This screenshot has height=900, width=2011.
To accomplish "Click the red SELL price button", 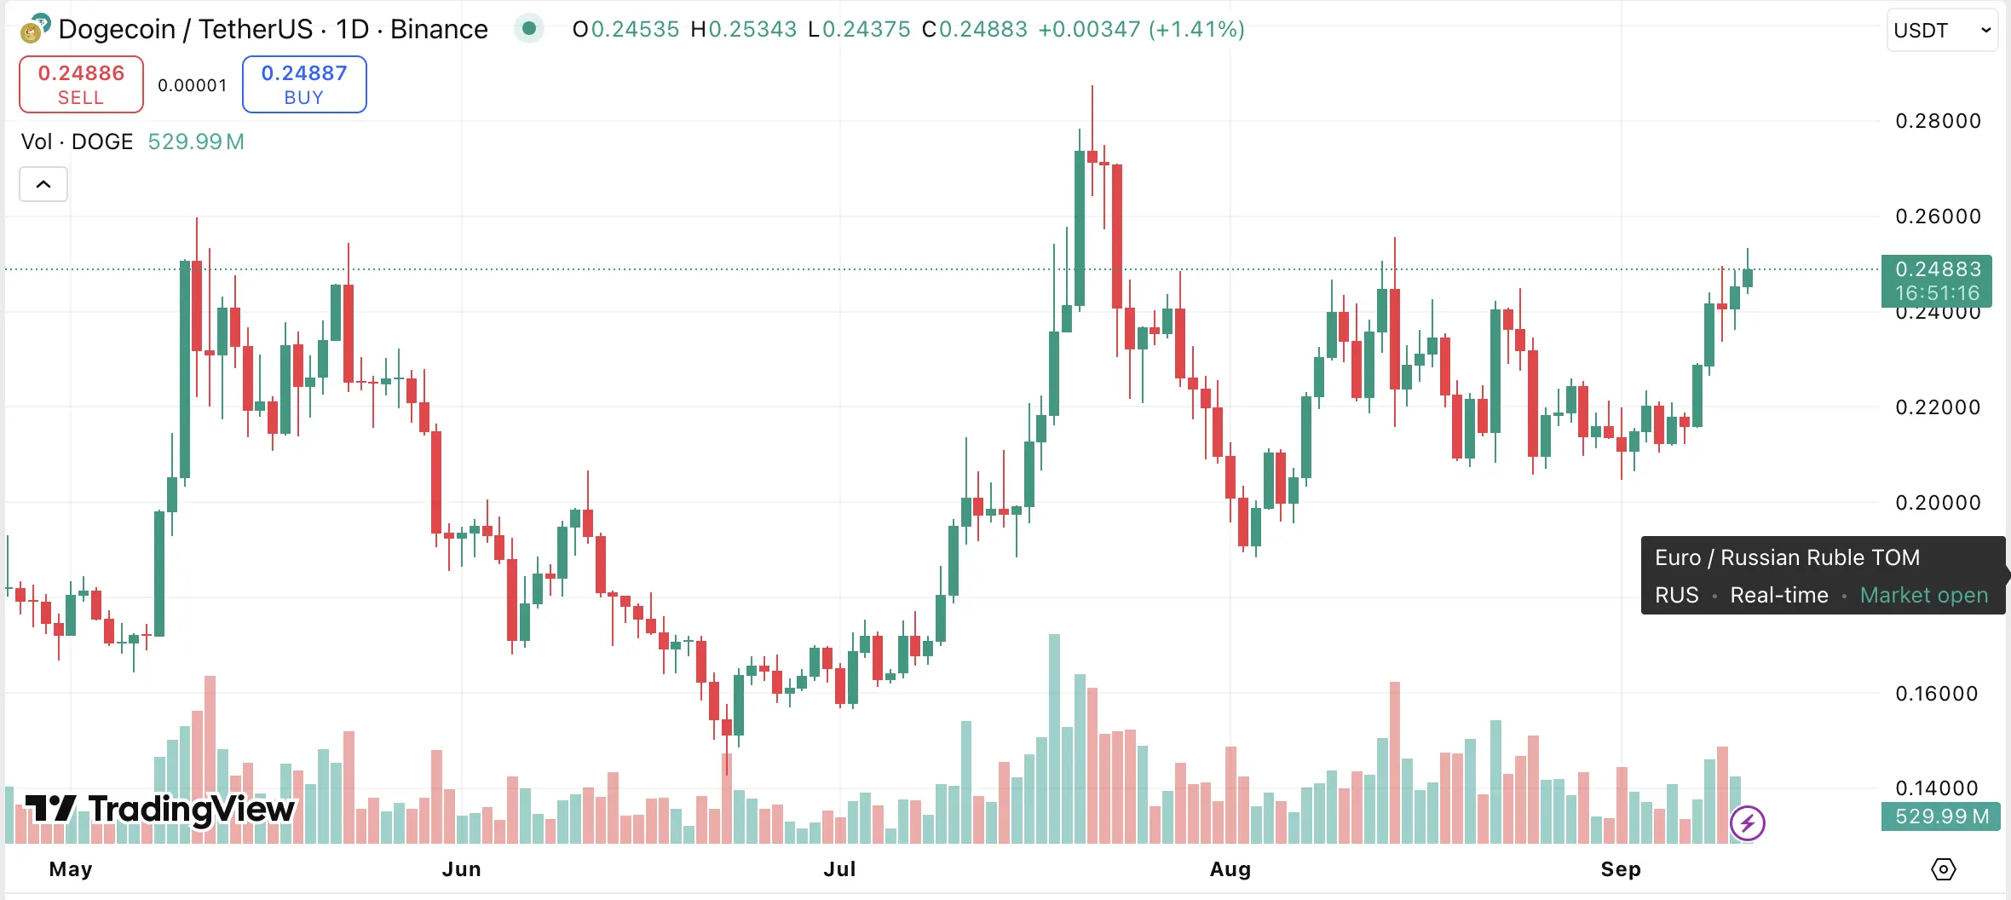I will (x=81, y=84).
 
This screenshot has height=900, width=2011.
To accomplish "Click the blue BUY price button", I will (x=304, y=84).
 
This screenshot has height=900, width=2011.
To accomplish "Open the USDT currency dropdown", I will (x=1941, y=31).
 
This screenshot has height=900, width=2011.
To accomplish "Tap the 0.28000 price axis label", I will (x=1938, y=121).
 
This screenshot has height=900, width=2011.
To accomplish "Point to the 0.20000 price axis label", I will (x=1938, y=503).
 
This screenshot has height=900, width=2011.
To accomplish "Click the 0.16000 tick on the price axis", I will (x=1936, y=694).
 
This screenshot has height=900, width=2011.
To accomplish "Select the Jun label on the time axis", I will (x=461, y=869).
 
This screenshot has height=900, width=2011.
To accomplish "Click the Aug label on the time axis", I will (x=1230, y=869).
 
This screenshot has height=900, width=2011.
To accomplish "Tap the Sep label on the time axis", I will (x=1621, y=869).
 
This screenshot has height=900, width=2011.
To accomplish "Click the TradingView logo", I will (x=160, y=809).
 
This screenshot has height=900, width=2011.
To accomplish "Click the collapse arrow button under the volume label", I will (x=43, y=184).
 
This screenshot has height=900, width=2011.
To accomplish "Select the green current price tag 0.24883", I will (x=1936, y=280).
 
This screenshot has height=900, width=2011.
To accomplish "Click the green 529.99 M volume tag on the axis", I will (x=1941, y=816).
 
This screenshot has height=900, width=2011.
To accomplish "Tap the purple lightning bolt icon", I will (x=1748, y=823).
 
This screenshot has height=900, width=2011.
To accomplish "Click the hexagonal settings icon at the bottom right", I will (x=1944, y=869).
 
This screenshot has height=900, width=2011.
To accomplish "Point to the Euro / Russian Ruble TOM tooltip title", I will (x=1787, y=557).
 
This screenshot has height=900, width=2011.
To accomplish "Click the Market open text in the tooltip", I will (x=1923, y=595).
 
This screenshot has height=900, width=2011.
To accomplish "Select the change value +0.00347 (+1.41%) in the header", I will (x=1141, y=29).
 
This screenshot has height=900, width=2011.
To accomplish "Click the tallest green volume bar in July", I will (x=1054, y=738).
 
